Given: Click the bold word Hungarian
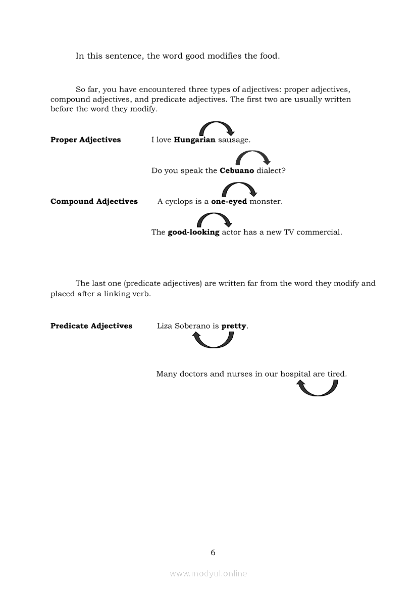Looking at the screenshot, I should point(194,140).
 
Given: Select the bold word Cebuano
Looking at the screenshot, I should point(237,171).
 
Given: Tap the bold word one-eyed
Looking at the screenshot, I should point(229,202).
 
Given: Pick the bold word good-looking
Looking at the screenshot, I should point(193,233).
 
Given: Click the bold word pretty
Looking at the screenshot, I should point(234,326).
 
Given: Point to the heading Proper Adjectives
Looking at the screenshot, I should point(85,140).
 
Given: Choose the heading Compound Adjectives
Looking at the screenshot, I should point(94,202).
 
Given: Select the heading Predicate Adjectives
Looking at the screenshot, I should point(91,326).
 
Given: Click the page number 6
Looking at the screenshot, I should point(213,553).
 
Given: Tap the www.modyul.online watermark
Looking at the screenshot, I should point(209,574).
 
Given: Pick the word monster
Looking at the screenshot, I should point(266,202).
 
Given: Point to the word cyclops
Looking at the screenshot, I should point(179,202).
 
